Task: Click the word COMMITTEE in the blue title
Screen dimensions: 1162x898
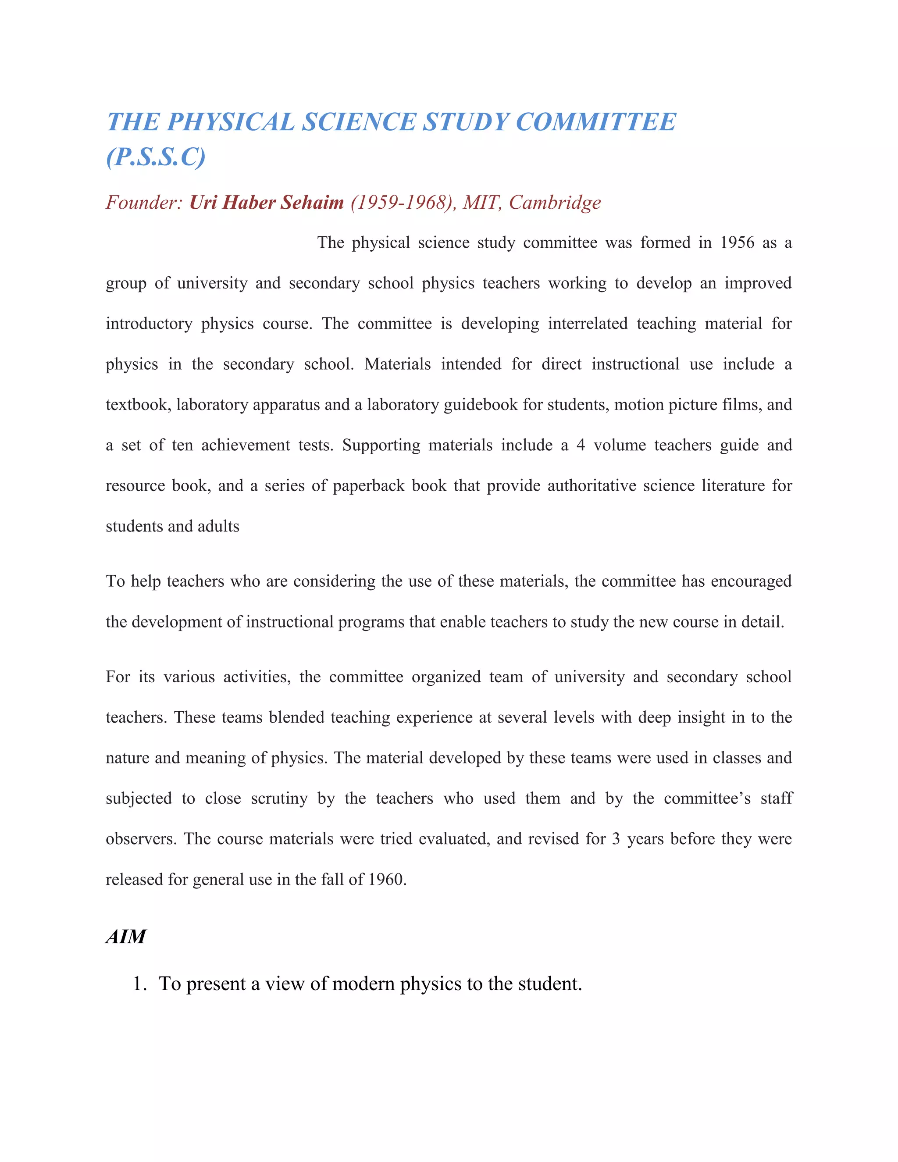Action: (595, 122)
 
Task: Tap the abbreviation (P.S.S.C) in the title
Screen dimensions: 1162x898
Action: (155, 157)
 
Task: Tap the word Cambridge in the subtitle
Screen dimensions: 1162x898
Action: (555, 202)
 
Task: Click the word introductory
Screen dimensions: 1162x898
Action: (149, 324)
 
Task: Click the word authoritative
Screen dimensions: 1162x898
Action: (591, 486)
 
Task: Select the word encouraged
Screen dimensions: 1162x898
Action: (751, 581)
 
